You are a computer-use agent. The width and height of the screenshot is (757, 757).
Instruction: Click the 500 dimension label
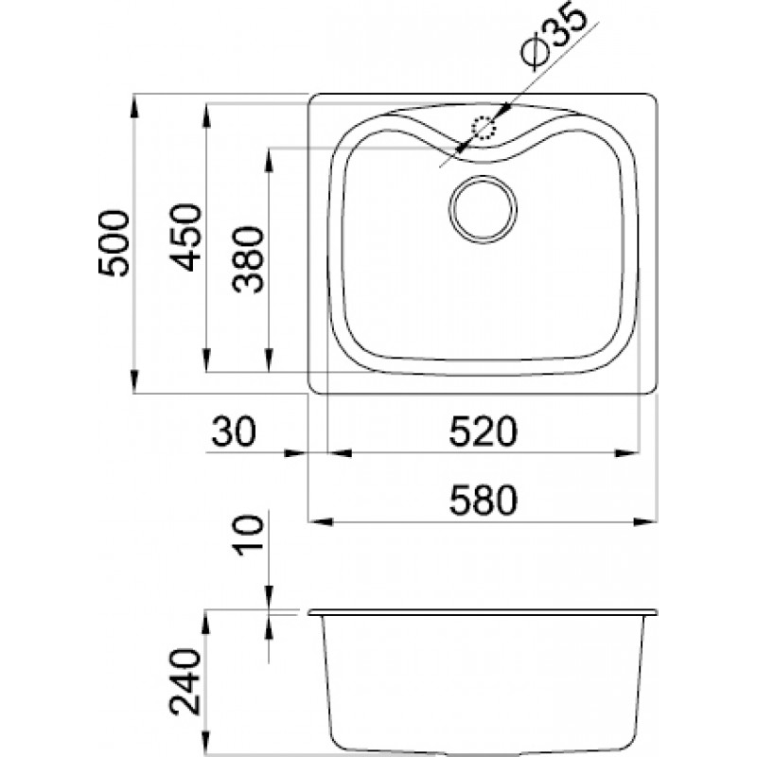coord(114,244)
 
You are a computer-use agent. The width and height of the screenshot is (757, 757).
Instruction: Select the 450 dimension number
coord(185,238)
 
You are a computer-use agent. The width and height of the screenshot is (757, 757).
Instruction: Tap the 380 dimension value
coord(248,259)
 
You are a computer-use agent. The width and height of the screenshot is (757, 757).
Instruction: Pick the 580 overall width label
coord(483,501)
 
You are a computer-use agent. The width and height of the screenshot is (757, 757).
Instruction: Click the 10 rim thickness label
coord(249,535)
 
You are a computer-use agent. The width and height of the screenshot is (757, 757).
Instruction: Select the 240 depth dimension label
coord(185,681)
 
